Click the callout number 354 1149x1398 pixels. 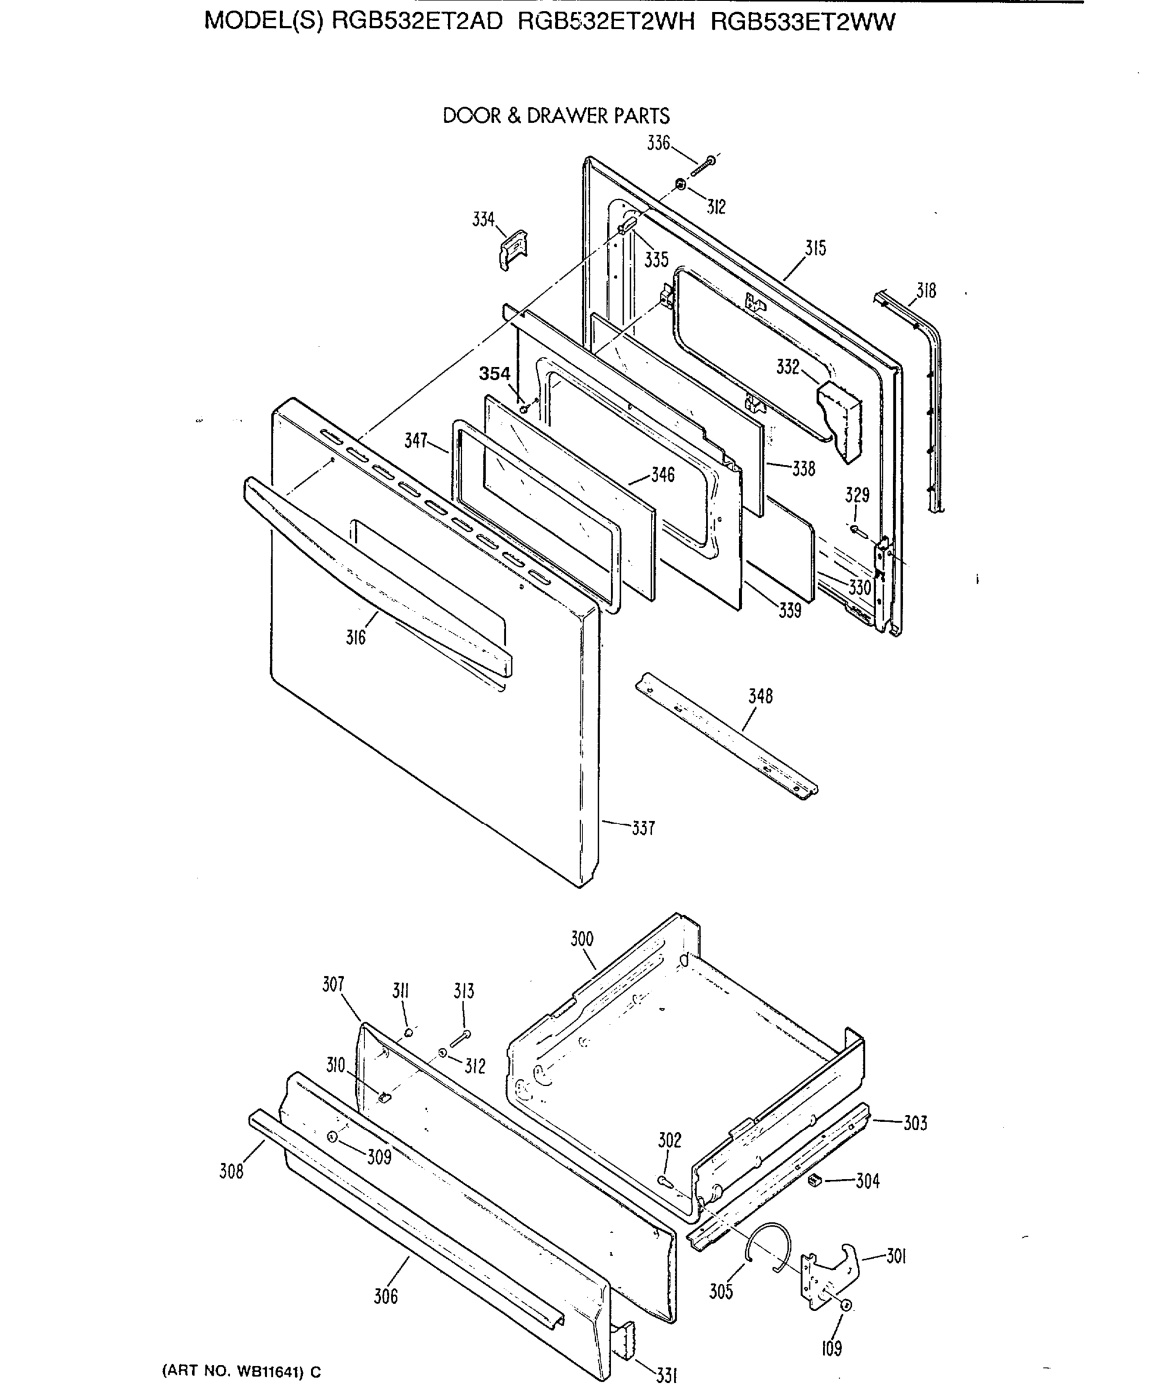(494, 374)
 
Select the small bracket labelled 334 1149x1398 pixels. (514, 249)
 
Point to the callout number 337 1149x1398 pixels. (643, 828)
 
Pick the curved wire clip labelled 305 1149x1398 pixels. (768, 1248)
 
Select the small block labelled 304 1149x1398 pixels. (815, 1180)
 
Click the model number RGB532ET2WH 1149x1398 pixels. (606, 23)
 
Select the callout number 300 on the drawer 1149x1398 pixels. (582, 938)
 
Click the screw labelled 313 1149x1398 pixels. (460, 1038)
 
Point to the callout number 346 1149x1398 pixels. (663, 475)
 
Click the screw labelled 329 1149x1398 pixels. (858, 530)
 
